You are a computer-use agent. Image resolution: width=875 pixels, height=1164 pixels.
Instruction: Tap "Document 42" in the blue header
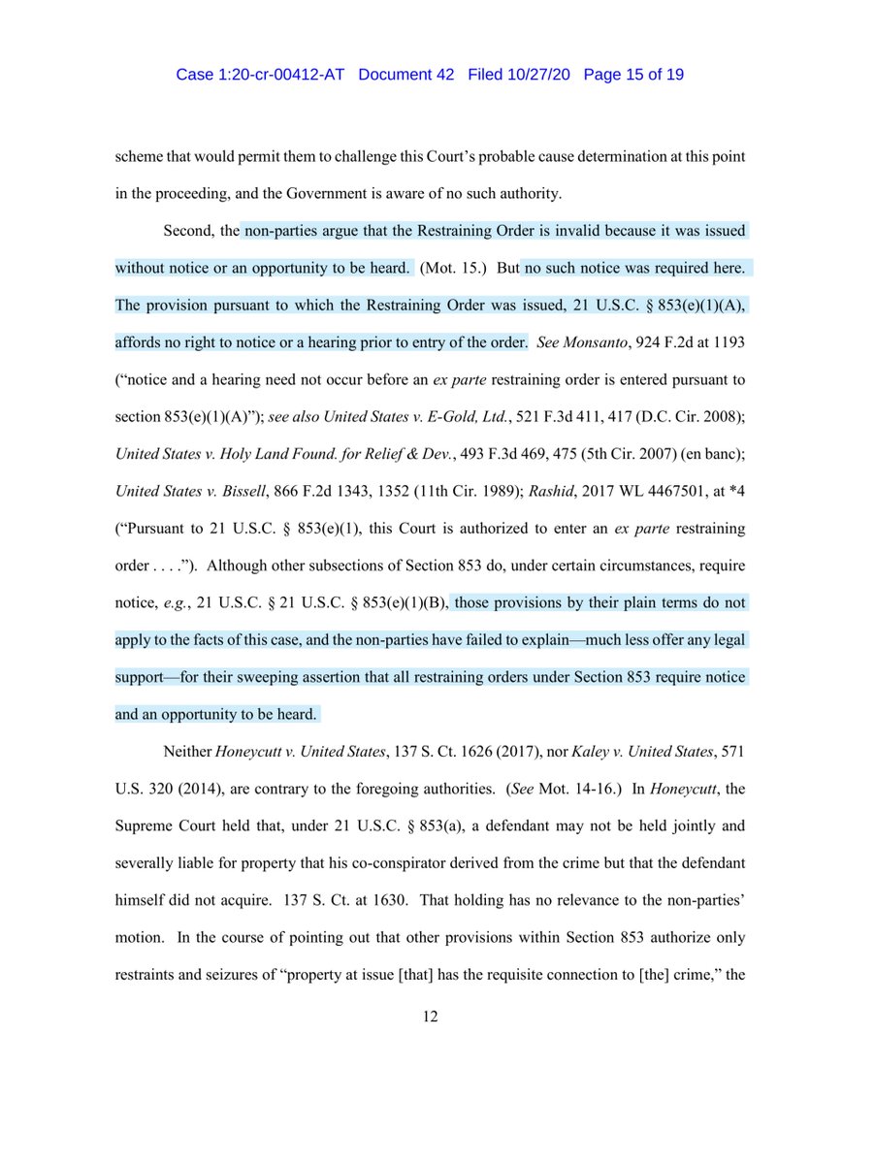click(406, 75)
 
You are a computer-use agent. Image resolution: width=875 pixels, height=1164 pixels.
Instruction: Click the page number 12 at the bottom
click(437, 1015)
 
